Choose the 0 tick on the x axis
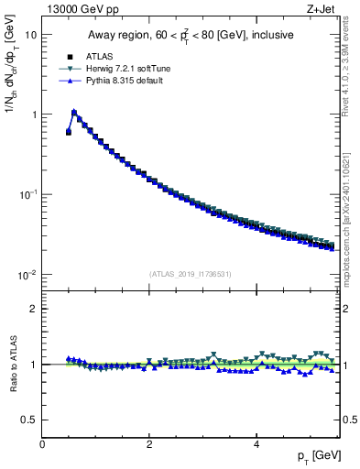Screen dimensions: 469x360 (x=42, y=444)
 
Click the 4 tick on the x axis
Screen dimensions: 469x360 (x=256, y=444)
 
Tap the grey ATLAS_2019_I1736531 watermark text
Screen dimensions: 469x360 (x=191, y=274)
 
